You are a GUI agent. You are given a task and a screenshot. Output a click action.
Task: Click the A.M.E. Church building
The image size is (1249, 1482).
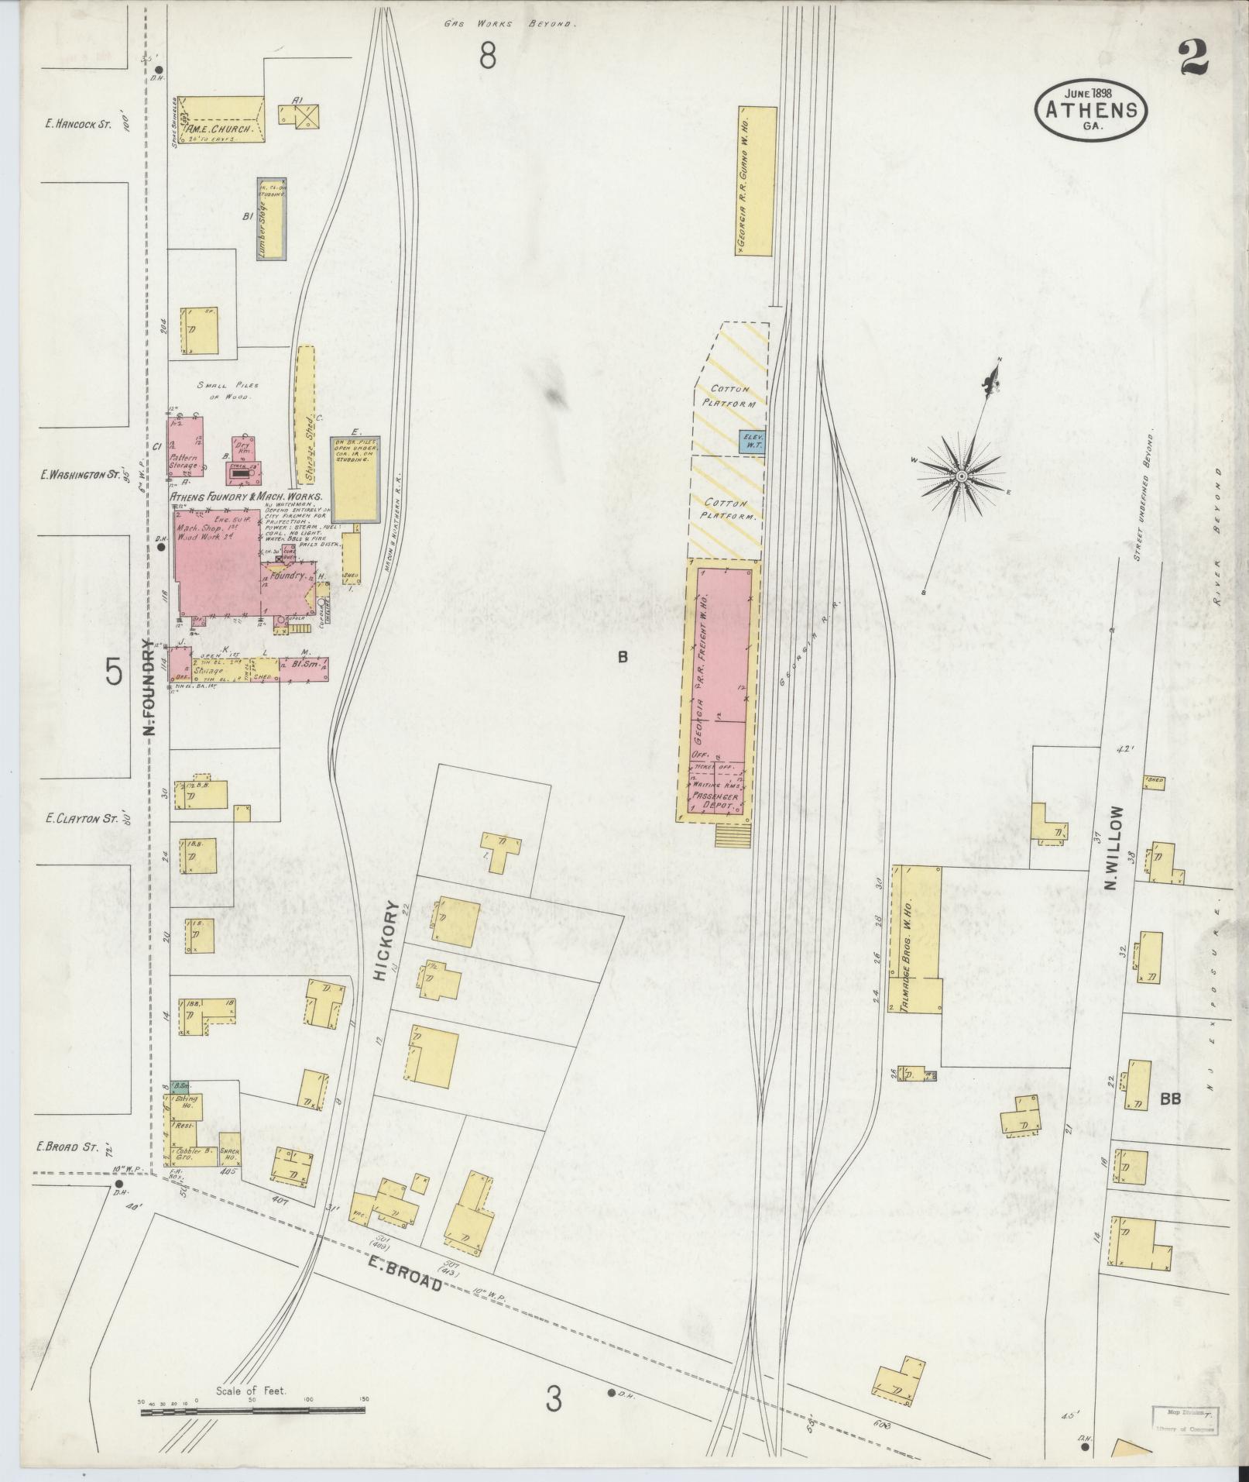(x=224, y=119)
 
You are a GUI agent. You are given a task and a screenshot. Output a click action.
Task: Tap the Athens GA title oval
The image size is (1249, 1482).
(x=1091, y=112)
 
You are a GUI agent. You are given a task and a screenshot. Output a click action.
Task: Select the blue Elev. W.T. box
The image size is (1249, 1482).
(x=751, y=441)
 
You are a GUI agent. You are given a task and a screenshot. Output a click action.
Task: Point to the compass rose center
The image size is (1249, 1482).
(x=961, y=475)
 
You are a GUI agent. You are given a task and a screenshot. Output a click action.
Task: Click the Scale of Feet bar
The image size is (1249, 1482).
(x=252, y=1411)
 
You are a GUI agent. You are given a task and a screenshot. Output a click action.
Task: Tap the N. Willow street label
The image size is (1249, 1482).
(x=1114, y=848)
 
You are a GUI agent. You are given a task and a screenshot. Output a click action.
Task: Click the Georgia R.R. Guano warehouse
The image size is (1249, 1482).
(x=755, y=181)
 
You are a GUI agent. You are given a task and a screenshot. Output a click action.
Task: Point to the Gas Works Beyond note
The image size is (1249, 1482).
(x=510, y=24)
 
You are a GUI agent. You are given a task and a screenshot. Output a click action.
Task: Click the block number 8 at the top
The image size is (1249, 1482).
(x=487, y=56)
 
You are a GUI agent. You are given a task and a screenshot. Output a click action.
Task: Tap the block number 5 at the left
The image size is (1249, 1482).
(x=115, y=673)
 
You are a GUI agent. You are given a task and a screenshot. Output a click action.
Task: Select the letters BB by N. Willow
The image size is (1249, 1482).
(x=1170, y=1097)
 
